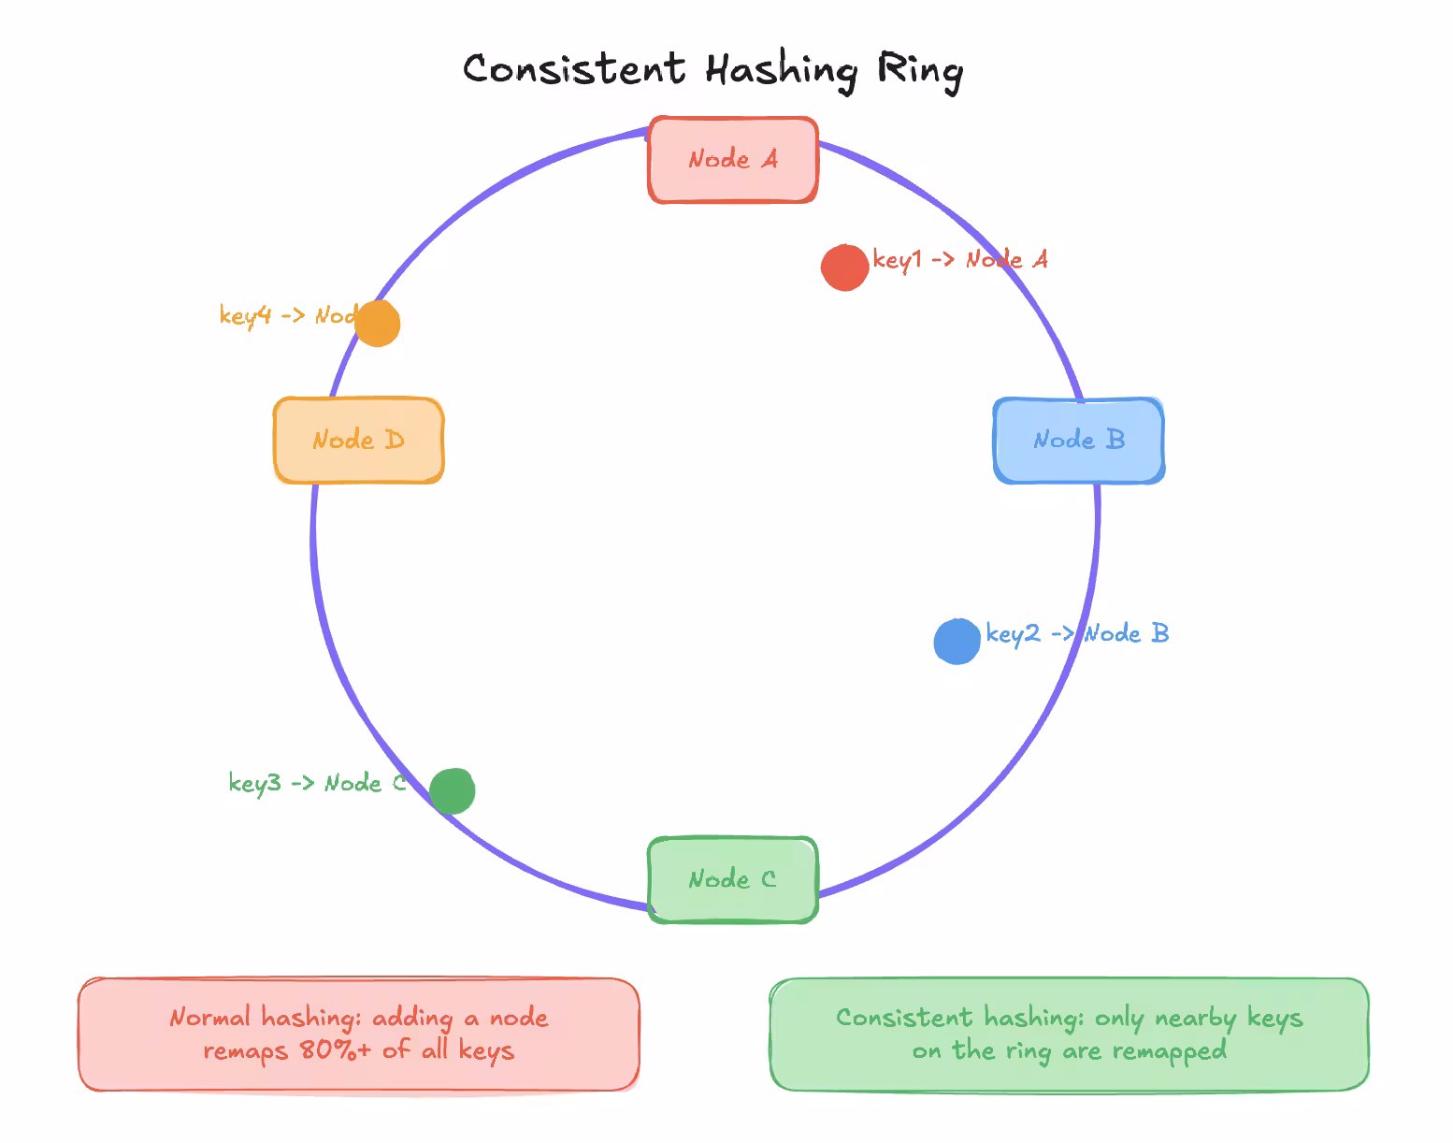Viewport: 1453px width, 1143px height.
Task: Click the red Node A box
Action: point(733,160)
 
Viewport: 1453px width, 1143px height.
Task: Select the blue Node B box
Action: point(1078,441)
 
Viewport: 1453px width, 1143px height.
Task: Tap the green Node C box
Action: point(733,879)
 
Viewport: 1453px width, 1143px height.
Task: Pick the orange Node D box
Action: point(358,441)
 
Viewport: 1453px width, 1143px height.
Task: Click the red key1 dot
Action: point(844,268)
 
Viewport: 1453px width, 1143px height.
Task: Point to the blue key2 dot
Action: point(957,642)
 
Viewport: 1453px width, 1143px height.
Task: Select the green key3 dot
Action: point(453,791)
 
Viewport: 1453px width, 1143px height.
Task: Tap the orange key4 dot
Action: point(378,324)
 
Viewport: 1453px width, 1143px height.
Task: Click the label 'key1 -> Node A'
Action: point(960,259)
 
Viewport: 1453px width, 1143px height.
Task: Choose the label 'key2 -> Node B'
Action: point(1077,633)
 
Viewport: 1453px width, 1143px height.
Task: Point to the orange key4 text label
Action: point(285,315)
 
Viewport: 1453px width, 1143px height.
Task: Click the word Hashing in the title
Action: point(781,70)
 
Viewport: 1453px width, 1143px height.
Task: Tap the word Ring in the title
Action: point(919,71)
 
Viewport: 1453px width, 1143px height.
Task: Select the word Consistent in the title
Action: point(574,70)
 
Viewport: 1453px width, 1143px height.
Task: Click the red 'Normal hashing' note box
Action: point(359,1034)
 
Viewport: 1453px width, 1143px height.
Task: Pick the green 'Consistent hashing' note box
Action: point(1069,1034)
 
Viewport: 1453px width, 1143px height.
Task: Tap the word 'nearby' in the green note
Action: point(1196,1018)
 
